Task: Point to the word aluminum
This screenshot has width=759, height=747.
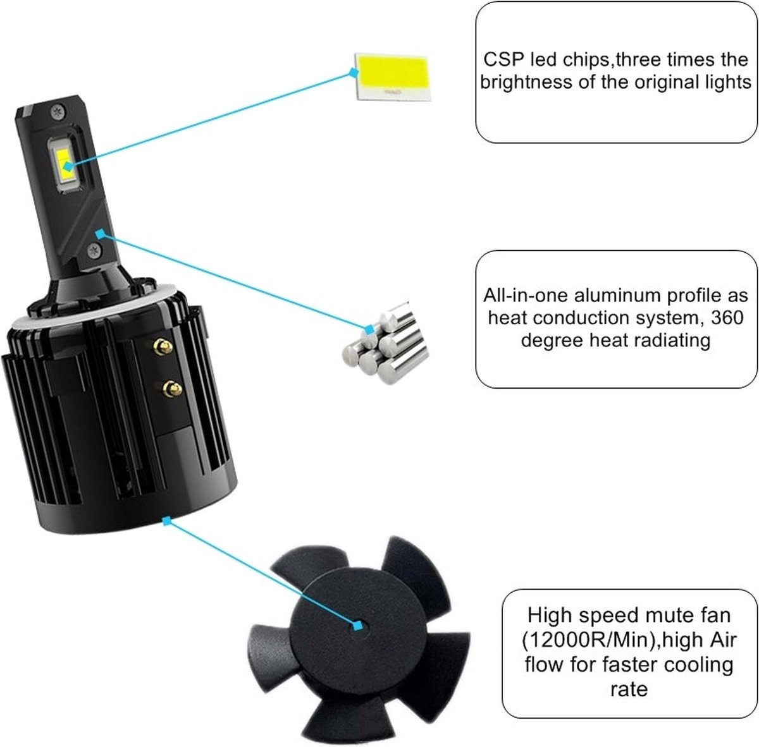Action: click(606, 295)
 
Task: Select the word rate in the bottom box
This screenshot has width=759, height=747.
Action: click(629, 688)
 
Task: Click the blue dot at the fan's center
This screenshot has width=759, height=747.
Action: click(359, 625)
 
